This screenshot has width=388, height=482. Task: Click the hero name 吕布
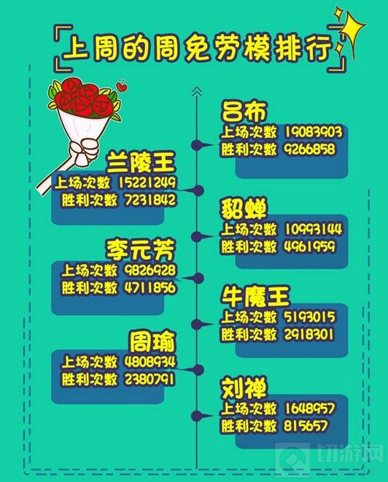pyautogui.click(x=244, y=112)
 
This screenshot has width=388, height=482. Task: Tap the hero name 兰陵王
pyautogui.click(x=141, y=162)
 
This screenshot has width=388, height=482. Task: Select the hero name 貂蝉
pyautogui.click(x=244, y=208)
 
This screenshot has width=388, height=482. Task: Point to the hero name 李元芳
pyautogui.click(x=141, y=249)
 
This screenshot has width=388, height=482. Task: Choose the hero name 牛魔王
pyautogui.click(x=256, y=297)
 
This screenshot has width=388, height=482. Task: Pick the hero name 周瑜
pyautogui.click(x=152, y=341)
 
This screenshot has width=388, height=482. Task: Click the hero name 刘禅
pyautogui.click(x=244, y=388)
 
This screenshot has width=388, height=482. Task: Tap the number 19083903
pyautogui.click(x=314, y=132)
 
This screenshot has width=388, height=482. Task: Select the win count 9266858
pyautogui.click(x=310, y=149)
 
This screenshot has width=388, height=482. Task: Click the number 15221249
pyautogui.click(x=147, y=182)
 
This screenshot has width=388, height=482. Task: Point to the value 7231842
pyautogui.click(x=151, y=200)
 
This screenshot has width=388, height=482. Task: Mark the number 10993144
pyautogui.click(x=314, y=229)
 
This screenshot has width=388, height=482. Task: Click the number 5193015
pyautogui.click(x=310, y=317)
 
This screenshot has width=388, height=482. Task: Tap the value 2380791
pyautogui.click(x=150, y=379)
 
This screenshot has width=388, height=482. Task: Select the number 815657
pyautogui.click(x=306, y=426)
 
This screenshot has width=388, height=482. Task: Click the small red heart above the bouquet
pyautogui.click(x=122, y=86)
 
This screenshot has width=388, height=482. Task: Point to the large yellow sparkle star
pyautogui.click(x=353, y=31)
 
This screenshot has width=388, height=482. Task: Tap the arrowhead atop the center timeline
pyautogui.click(x=197, y=91)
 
